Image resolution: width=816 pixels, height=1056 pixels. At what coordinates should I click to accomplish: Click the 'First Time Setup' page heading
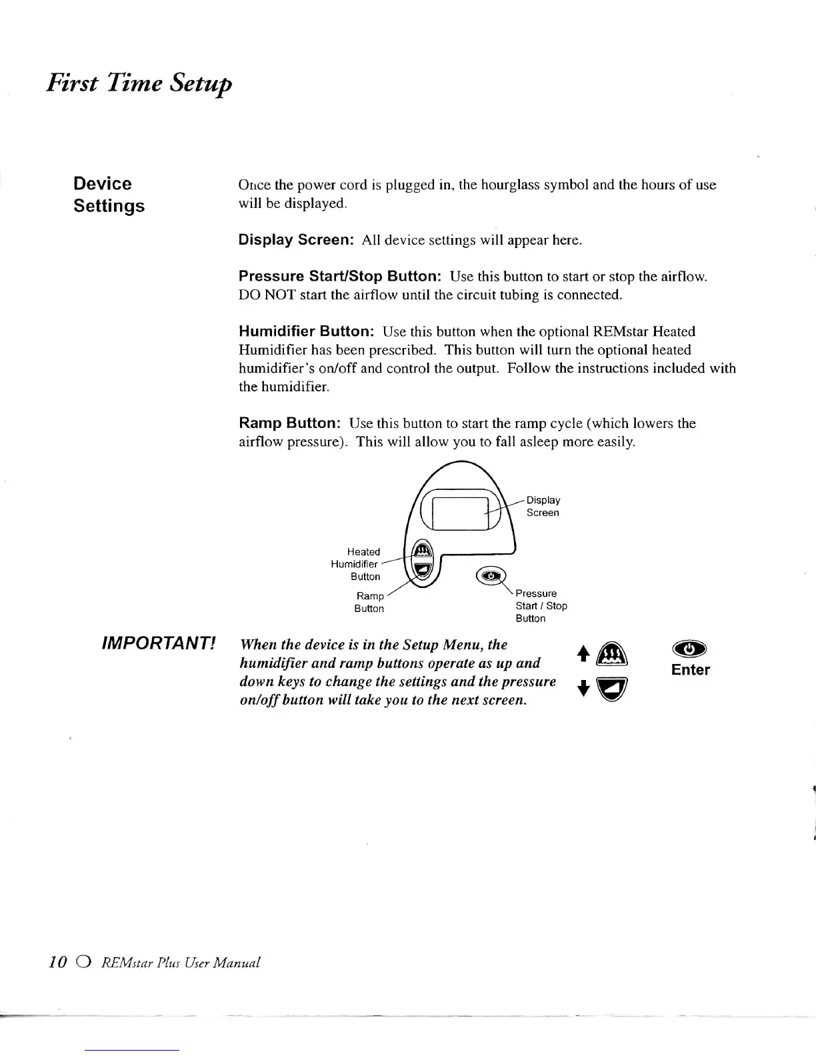coord(139,83)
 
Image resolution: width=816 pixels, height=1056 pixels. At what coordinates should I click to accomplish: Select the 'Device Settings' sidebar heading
coord(109,195)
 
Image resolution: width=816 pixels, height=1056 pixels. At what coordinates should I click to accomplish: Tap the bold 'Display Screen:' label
coord(296,240)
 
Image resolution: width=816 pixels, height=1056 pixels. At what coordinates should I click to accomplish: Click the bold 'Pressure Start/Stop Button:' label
coord(340,276)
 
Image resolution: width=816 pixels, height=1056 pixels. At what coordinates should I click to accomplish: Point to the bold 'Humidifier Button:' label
coord(307,331)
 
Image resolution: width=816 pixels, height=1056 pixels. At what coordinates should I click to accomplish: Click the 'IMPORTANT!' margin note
coord(158,644)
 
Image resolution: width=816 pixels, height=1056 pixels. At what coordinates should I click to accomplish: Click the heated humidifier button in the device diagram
coord(422,551)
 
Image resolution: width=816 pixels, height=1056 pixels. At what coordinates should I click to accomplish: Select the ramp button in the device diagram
coord(422,569)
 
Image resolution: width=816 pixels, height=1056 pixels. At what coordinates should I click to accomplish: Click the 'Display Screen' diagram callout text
coord(543,506)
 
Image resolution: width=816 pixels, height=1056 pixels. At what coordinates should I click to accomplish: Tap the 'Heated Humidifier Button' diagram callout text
coord(356,564)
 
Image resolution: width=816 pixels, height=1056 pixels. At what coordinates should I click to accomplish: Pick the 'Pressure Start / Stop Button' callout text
coord(541,605)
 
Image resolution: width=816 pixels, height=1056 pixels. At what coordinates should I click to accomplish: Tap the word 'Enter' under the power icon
coord(690,670)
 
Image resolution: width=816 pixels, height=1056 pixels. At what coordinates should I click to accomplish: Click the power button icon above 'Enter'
coord(690,649)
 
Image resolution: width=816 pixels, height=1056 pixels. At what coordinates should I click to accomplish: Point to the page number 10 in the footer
coord(58,961)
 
